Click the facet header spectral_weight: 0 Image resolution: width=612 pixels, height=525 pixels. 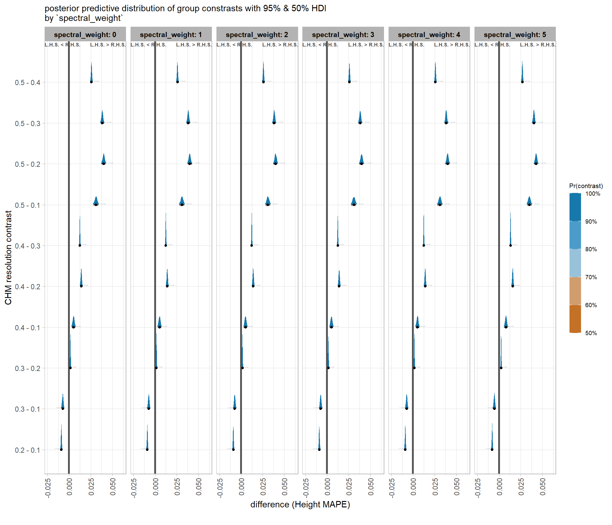[x=85, y=35]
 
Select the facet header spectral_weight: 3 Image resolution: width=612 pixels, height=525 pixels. [x=343, y=35]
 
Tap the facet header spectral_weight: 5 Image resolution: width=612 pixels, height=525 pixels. [x=515, y=35]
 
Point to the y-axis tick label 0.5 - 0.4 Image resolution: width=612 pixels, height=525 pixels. [x=28, y=83]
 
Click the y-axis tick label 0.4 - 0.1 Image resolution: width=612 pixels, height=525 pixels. [x=28, y=328]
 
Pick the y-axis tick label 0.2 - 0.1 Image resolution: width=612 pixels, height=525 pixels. [x=28, y=450]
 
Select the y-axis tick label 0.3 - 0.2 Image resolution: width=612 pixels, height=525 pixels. [x=28, y=369]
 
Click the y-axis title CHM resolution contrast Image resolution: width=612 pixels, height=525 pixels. [x=8, y=258]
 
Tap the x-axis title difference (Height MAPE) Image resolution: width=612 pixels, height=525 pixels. [x=300, y=505]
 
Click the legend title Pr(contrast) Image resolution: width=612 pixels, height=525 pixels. [x=586, y=186]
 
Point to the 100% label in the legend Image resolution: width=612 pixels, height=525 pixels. [x=593, y=194]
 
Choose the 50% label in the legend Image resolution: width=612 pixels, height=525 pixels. [x=591, y=333]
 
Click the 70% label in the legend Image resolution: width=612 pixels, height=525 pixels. [x=591, y=277]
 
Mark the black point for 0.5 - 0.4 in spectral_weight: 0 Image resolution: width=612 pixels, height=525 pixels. [x=91, y=82]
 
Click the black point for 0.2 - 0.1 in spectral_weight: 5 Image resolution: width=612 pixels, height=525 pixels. [x=492, y=449]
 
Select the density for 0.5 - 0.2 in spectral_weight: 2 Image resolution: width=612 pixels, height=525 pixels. [x=276, y=160]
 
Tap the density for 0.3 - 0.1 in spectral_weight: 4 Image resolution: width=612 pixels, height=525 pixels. [x=406, y=403]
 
